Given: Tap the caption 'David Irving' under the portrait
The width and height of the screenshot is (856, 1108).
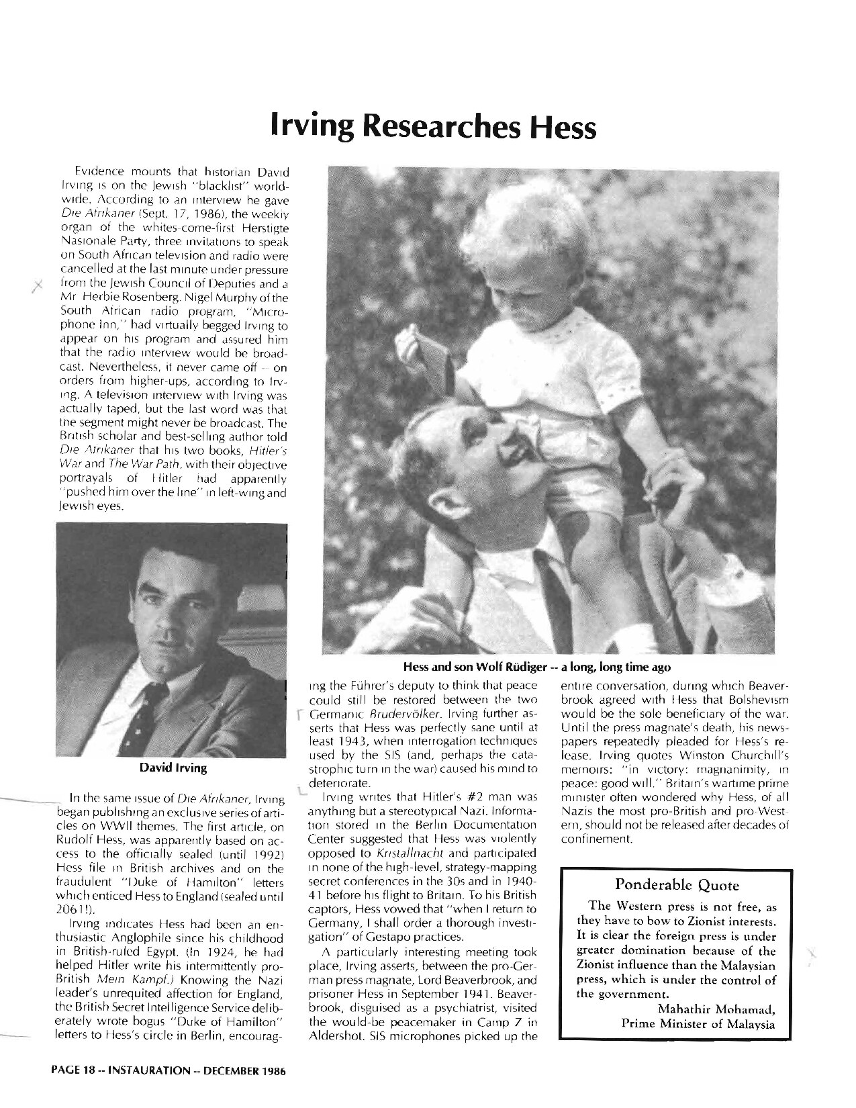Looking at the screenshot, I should (x=173, y=767).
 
